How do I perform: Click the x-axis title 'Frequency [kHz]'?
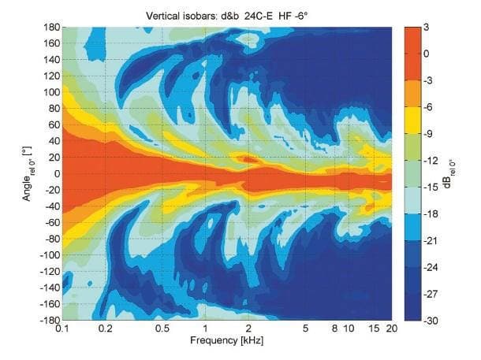[x=227, y=341]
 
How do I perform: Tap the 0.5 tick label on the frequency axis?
[x=162, y=328]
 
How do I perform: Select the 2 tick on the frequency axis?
[x=248, y=328]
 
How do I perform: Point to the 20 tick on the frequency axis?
[x=391, y=328]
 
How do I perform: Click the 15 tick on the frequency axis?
[x=374, y=328]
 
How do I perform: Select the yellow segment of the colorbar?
[x=416, y=120]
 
